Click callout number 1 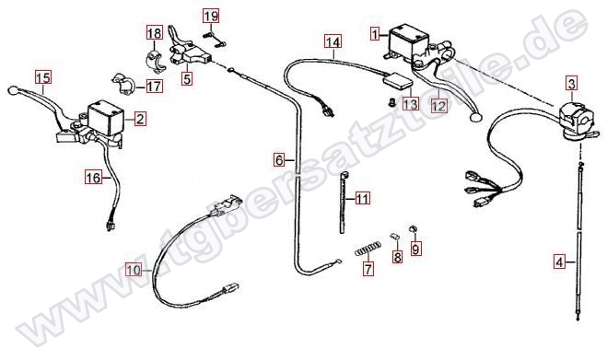coord(375,34)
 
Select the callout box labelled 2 coord(140,119)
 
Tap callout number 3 coord(572,83)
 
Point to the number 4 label coord(559,262)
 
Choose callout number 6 coord(279,159)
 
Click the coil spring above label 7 coord(368,249)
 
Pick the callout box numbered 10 coord(134,270)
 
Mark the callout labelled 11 coord(362,199)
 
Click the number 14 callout coord(333,41)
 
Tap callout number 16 coord(93,178)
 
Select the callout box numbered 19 coord(211,17)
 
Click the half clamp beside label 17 coord(123,85)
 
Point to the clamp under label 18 coord(156,61)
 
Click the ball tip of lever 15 coord(12,90)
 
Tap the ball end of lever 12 coord(474,117)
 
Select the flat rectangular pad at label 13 coord(398,82)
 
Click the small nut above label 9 coord(413,228)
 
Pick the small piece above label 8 coord(394,237)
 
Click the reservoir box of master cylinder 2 coord(106,117)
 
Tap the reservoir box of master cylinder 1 coord(408,42)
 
